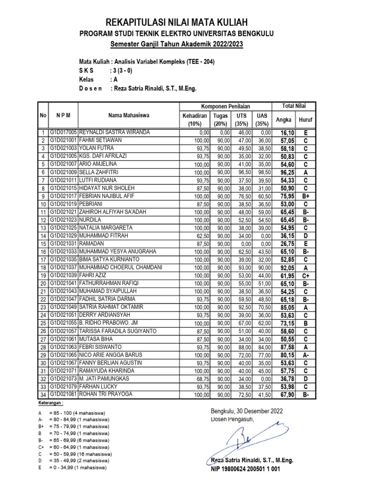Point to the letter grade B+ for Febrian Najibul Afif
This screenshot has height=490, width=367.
pyautogui.click(x=306, y=196)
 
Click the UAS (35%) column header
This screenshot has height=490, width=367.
pyautogui.click(x=262, y=120)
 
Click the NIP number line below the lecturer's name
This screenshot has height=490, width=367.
pyautogui.click(x=245, y=469)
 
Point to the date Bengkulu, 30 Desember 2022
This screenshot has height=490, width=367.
pyautogui.click(x=247, y=411)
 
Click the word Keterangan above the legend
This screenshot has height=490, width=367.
pyautogui.click(x=51, y=403)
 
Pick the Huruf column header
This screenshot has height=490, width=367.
pyautogui.click(x=306, y=120)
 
